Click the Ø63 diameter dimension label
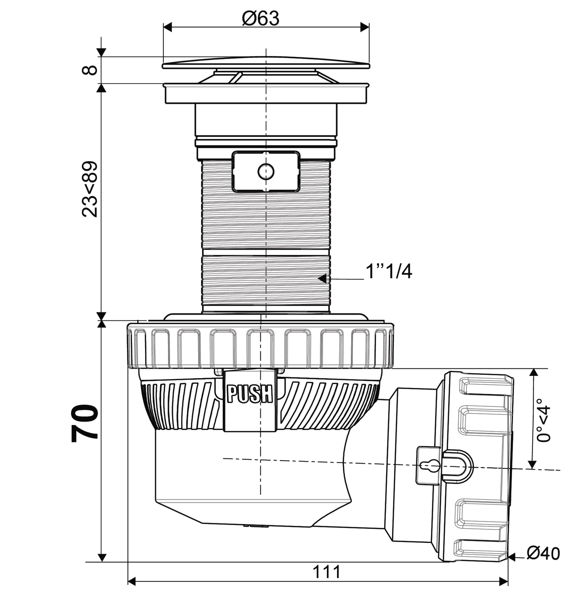point(261,19)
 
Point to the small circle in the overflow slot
point(266,171)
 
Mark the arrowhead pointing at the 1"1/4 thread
point(322,279)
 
